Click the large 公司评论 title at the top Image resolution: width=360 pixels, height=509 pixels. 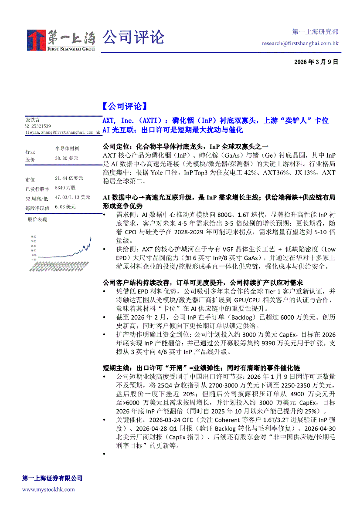tap(133, 37)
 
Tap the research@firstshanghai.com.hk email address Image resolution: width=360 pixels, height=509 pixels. tap(300, 43)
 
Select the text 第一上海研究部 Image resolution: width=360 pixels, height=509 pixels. tap(315, 32)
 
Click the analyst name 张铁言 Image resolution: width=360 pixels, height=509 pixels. tap(32, 119)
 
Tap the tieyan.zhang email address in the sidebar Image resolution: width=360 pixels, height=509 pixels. tap(63, 131)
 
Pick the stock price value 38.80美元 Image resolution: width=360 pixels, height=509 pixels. tap(67, 158)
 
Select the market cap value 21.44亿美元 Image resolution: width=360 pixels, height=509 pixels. tap(69, 179)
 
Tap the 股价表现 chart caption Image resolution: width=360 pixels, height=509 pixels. tap(37, 219)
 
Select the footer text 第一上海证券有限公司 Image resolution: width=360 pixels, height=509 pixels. tap(52, 478)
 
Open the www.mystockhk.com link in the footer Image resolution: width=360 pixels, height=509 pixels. tap(48, 489)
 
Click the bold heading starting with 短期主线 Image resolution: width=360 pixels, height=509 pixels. tap(201, 368)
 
